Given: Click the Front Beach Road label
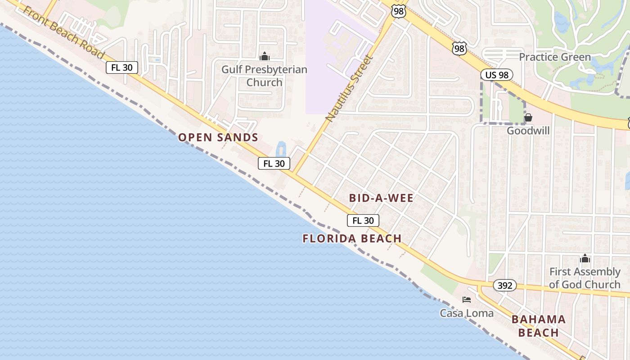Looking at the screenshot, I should click(63, 32).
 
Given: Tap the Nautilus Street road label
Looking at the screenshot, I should click(350, 89).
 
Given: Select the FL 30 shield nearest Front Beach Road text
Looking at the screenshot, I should click(122, 67).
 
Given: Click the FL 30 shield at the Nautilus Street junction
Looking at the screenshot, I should click(274, 163).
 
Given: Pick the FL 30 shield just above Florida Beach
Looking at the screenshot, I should click(363, 220).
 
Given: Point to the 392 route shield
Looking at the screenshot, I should click(504, 285).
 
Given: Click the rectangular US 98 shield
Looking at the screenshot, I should click(496, 75).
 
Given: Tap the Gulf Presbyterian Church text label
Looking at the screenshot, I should click(264, 76).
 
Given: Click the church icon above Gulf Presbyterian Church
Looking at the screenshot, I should click(265, 57).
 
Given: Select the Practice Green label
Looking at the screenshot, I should click(554, 57).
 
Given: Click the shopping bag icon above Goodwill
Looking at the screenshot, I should click(528, 118).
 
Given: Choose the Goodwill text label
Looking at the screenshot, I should click(528, 130).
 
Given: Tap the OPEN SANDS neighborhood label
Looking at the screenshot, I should click(218, 138).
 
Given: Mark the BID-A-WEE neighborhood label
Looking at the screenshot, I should click(381, 198).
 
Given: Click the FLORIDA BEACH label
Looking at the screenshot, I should click(352, 238).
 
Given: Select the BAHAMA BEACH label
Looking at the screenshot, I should click(538, 326).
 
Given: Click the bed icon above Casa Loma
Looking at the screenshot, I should click(467, 300).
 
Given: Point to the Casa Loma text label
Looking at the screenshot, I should click(467, 313).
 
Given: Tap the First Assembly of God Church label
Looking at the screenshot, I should click(585, 278).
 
